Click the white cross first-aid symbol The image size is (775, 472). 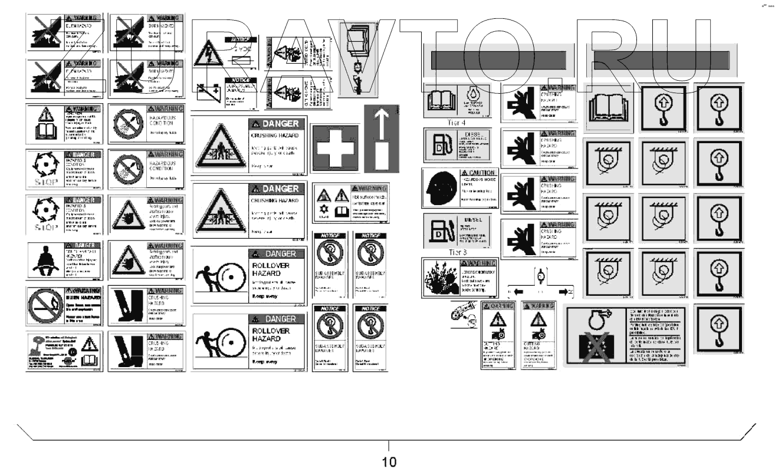tap(335, 148)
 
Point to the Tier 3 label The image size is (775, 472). tap(439, 252)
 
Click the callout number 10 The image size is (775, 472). tap(389, 461)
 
